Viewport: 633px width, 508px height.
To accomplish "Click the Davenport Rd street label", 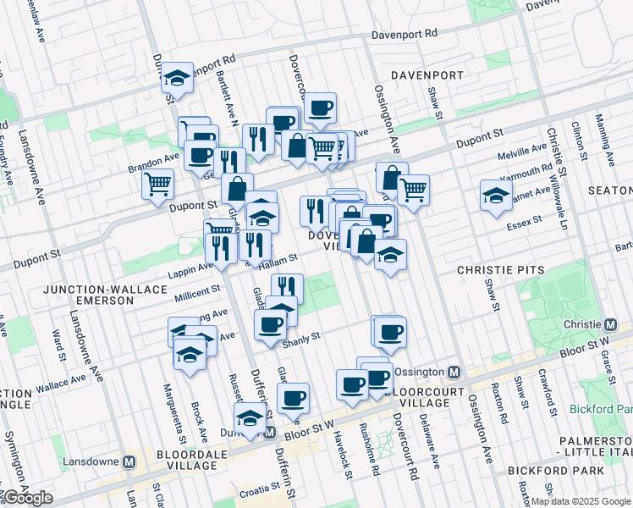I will click(x=404, y=35).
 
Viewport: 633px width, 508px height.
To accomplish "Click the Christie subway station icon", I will click(x=610, y=325).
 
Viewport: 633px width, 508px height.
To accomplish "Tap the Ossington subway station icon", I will click(x=454, y=373).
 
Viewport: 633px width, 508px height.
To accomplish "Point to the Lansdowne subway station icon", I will click(x=129, y=462).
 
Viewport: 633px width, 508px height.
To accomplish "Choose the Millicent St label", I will click(x=197, y=289).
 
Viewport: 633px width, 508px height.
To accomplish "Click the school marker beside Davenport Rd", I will click(x=178, y=78).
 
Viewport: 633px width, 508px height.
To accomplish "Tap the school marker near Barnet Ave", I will click(x=496, y=196).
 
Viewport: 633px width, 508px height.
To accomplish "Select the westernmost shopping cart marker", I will click(x=158, y=183).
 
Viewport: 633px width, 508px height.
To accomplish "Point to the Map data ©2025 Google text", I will click(x=581, y=501).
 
